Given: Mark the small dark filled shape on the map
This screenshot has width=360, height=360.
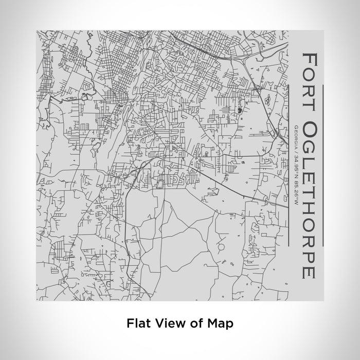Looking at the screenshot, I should (241, 109).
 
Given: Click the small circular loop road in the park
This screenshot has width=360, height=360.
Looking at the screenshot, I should (222, 248).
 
